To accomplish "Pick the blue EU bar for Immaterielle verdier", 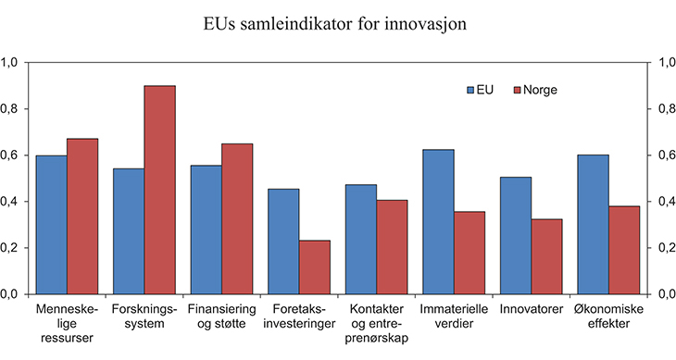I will point(438,221).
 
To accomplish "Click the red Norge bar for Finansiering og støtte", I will point(236,218).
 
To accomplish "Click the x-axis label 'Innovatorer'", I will point(530,307).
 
